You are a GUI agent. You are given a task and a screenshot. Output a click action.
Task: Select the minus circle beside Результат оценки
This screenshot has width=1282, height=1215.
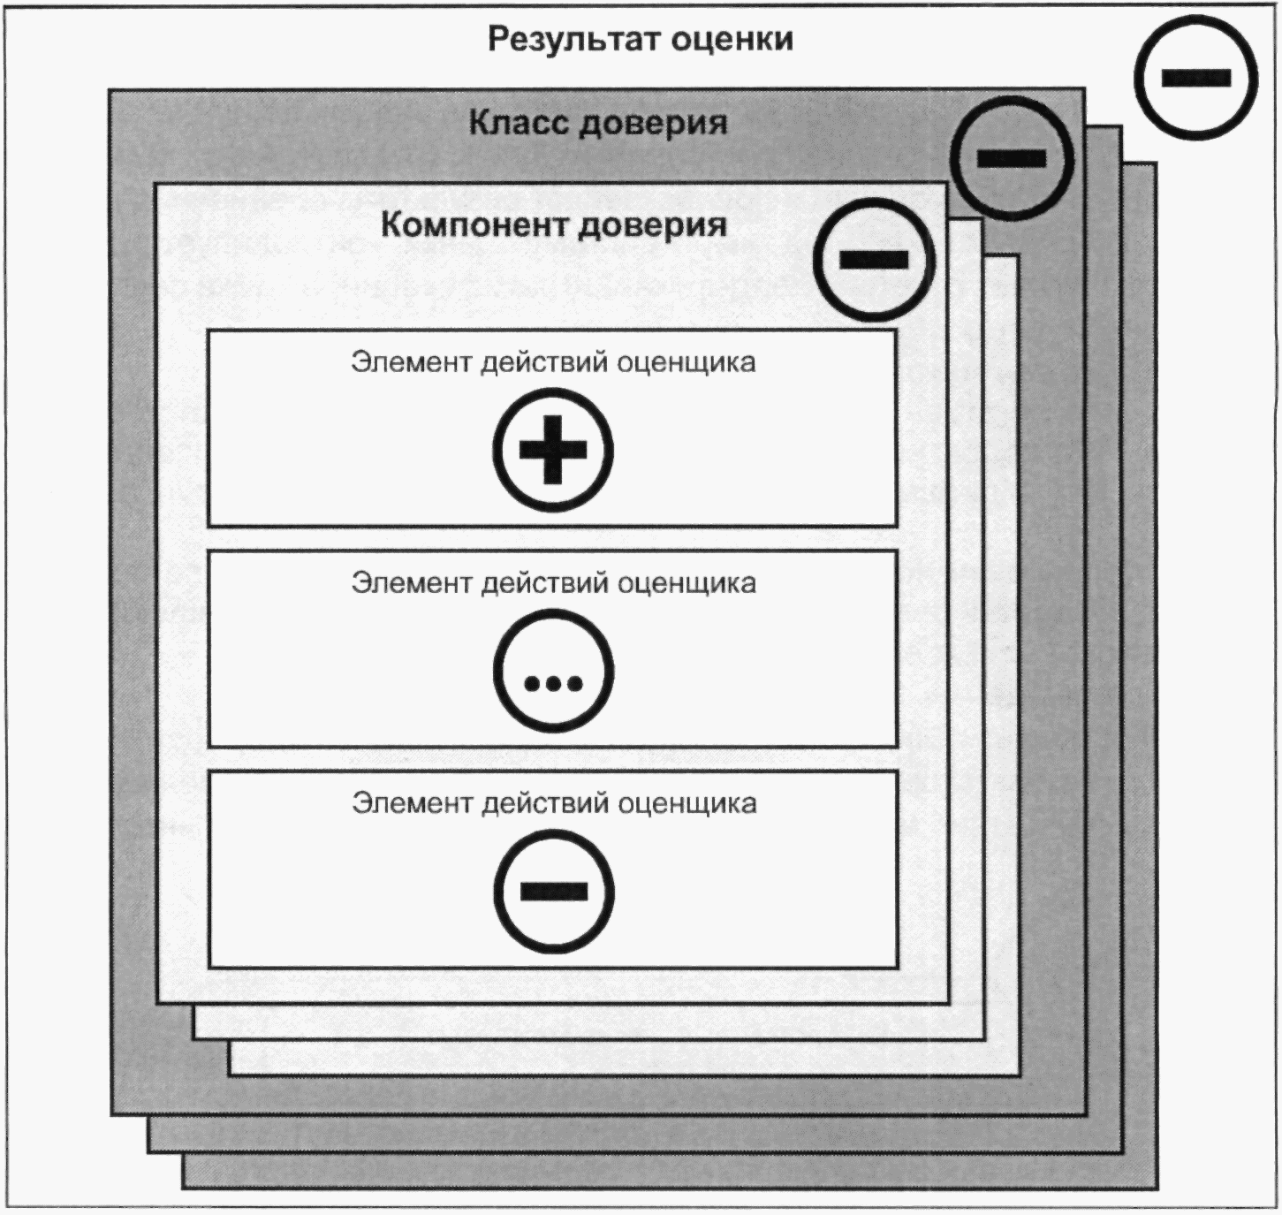click(x=1196, y=79)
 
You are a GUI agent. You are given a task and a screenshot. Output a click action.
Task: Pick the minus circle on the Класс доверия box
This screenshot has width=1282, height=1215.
click(x=1012, y=158)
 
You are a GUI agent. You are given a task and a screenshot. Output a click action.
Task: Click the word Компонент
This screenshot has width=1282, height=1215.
click(x=474, y=225)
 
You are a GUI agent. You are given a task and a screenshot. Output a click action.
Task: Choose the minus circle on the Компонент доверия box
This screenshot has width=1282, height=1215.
click(x=874, y=260)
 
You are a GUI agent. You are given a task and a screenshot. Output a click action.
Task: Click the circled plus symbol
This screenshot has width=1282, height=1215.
click(x=553, y=450)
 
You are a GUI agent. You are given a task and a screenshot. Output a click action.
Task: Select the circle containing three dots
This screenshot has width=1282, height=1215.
click(x=553, y=671)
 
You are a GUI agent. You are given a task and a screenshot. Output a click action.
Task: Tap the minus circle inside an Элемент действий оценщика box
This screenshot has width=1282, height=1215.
click(x=554, y=891)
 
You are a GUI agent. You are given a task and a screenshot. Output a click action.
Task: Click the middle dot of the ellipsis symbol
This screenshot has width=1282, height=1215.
click(x=554, y=684)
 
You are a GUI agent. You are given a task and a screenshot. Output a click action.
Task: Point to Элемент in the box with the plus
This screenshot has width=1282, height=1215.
click(x=411, y=362)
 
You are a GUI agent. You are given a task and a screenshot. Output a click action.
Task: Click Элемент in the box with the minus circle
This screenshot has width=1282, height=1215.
click(x=412, y=803)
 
